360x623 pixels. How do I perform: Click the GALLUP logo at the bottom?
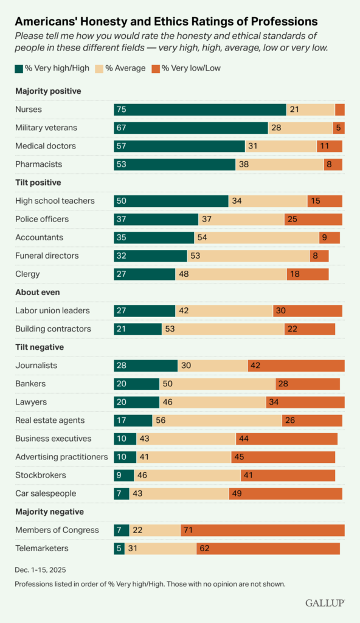point(325,602)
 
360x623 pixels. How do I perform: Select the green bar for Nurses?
point(199,110)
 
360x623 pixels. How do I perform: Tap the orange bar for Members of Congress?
point(262,530)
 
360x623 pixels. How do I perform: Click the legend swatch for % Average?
point(100,68)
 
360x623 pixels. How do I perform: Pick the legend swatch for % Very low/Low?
point(156,68)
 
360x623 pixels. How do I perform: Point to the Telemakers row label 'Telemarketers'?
point(42,548)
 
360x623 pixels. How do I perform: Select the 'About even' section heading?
point(37,292)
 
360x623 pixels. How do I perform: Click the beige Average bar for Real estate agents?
point(217,420)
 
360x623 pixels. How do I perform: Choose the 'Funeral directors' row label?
point(47,256)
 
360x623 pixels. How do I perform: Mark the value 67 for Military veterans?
point(122,128)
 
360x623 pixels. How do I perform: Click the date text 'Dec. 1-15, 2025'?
point(40,570)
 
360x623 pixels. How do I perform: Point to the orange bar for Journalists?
point(296,366)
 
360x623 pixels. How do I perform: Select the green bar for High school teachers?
point(171,201)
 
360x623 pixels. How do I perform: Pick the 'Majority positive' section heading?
point(48,91)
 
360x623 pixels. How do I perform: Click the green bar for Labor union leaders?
point(144,310)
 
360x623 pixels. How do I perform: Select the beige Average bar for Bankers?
point(217,384)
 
